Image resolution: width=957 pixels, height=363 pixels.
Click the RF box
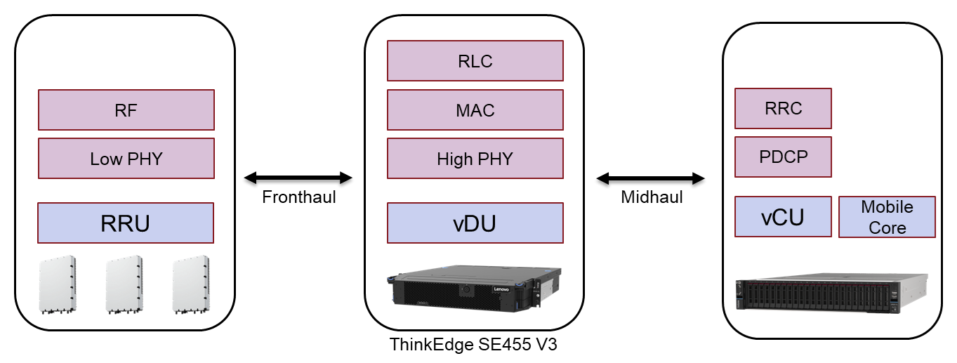126,110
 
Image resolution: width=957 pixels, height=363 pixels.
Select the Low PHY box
126,159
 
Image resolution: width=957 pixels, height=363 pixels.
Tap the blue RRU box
126,223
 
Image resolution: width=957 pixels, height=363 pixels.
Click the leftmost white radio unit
58,284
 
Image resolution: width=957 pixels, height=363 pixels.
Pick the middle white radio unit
124,284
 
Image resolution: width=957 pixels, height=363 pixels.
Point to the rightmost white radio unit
191,284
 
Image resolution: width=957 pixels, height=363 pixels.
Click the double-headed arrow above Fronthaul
298,178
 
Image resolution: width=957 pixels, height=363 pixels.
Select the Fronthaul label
298,197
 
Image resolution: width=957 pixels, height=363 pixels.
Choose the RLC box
475,61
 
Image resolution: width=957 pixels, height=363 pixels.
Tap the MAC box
475,110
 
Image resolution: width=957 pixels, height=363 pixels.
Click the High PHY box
475,159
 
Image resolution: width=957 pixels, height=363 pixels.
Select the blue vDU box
475,223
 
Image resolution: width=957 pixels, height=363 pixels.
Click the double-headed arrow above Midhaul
651,178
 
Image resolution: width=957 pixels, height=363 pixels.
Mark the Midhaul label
652,197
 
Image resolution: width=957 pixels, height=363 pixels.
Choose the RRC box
783,108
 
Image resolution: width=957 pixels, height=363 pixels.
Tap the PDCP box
783,157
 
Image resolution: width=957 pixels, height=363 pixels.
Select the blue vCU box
783,217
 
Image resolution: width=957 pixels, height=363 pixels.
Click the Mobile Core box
887,217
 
